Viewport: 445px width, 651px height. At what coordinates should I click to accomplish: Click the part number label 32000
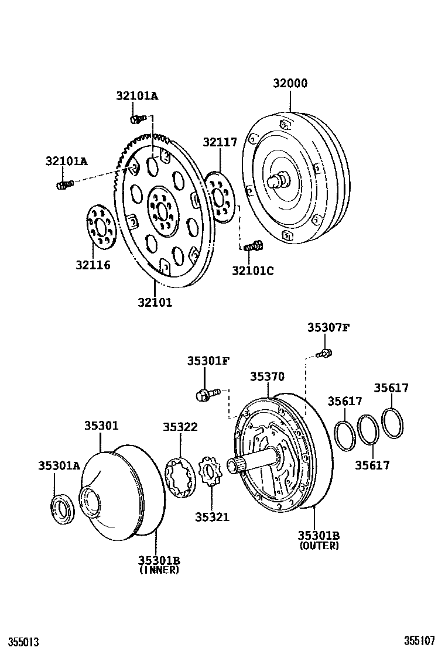pos(290,83)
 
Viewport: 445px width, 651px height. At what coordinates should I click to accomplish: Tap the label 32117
pos(220,142)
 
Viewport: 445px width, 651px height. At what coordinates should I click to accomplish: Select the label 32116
pos(93,265)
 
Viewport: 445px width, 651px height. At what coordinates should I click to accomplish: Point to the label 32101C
pos(252,270)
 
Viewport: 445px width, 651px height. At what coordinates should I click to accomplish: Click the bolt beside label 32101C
pos(253,246)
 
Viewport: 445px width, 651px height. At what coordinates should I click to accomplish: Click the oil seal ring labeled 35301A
pos(61,506)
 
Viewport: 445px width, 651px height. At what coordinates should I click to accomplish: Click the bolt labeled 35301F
pos(206,394)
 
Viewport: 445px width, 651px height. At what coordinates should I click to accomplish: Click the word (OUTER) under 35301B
pos(319,546)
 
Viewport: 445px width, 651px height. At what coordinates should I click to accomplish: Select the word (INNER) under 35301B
pos(159,570)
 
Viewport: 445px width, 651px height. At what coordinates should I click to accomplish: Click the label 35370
pos(268,377)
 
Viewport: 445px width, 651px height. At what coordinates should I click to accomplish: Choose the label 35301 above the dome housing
pos(101,427)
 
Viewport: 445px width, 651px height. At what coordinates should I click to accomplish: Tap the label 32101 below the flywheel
pos(155,303)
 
